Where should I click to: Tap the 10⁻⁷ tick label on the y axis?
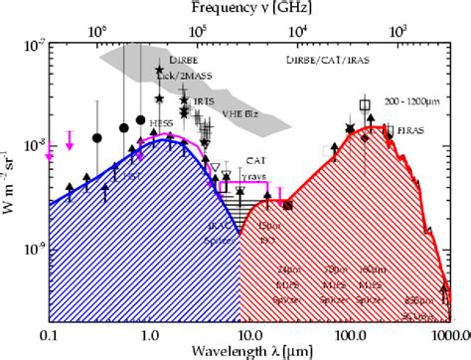[30, 46]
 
